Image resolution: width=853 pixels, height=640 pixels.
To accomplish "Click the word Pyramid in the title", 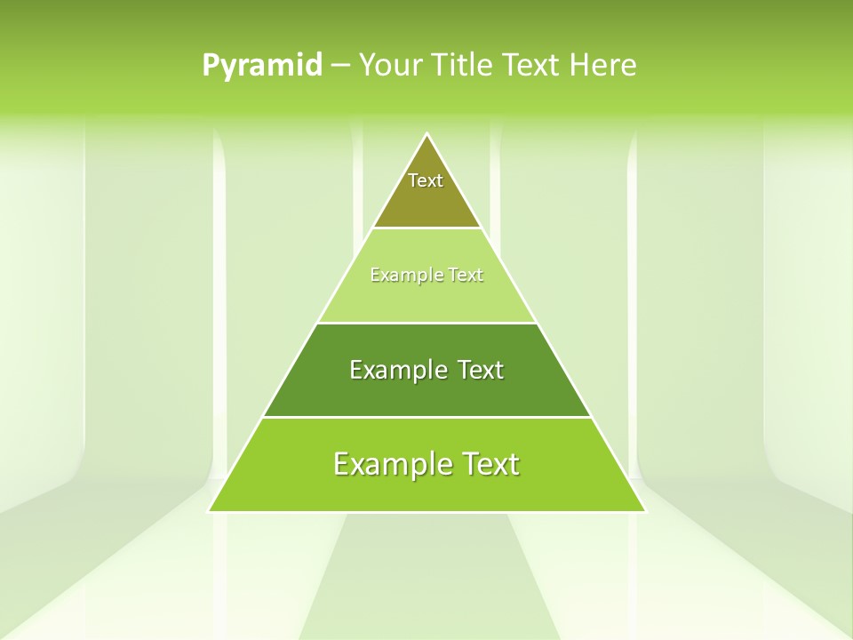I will (x=261, y=65).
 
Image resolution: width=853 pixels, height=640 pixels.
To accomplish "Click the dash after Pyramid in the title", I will (x=339, y=66).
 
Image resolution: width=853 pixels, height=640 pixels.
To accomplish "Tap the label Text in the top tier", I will (x=426, y=180).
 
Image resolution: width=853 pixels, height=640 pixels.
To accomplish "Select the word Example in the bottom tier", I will (x=388, y=464).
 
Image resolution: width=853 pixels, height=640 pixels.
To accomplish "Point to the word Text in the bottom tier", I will (x=484, y=464).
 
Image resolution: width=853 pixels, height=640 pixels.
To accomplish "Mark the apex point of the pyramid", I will (x=427, y=134).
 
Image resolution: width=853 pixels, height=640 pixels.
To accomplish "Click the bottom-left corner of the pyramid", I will (x=210, y=511).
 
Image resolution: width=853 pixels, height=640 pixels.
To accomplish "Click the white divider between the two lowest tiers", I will (x=426, y=417).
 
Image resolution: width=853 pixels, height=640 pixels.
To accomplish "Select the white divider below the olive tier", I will (x=426, y=228).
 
